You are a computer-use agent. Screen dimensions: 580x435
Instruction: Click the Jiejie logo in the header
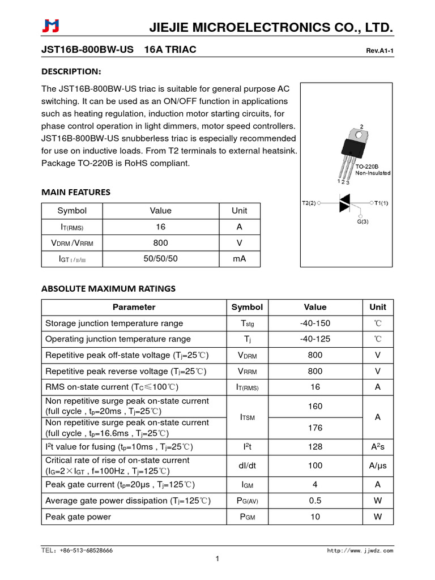click(x=50, y=27)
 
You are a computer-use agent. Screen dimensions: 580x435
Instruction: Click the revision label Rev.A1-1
click(x=379, y=51)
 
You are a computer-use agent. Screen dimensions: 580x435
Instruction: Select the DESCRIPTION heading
click(x=71, y=71)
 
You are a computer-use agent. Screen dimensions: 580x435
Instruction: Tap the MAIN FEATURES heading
click(x=76, y=192)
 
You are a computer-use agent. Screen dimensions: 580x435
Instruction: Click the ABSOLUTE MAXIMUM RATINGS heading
click(x=108, y=288)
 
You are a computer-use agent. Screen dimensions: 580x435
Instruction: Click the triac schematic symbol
click(x=344, y=202)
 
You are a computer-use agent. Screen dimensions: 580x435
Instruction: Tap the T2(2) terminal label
click(x=309, y=202)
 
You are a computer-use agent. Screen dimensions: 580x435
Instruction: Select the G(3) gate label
click(x=362, y=221)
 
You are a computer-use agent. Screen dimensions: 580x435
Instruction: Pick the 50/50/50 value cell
click(x=160, y=259)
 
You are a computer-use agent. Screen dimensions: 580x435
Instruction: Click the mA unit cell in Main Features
click(x=240, y=259)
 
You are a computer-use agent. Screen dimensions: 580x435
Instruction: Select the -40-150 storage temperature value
click(x=315, y=323)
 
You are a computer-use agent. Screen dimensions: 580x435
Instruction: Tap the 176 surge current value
click(x=315, y=428)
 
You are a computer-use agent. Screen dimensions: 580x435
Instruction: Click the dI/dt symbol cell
click(x=247, y=466)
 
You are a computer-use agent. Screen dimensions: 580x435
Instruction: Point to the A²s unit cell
click(x=377, y=446)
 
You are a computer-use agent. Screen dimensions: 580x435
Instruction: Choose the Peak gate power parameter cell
click(x=78, y=517)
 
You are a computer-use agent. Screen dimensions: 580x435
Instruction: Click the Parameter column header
click(x=134, y=307)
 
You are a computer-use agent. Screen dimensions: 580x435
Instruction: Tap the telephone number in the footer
click(x=77, y=551)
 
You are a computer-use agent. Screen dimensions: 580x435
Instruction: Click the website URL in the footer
click(x=360, y=551)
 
